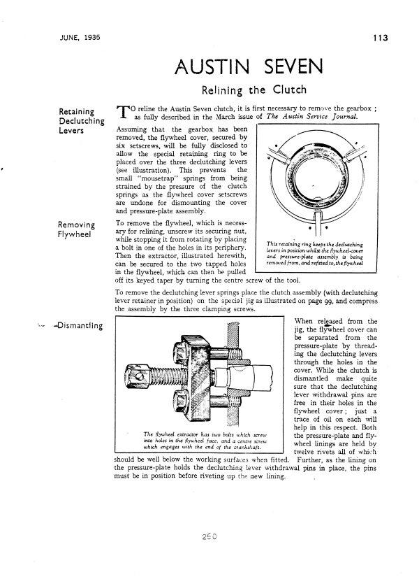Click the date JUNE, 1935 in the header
click(x=79, y=38)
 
